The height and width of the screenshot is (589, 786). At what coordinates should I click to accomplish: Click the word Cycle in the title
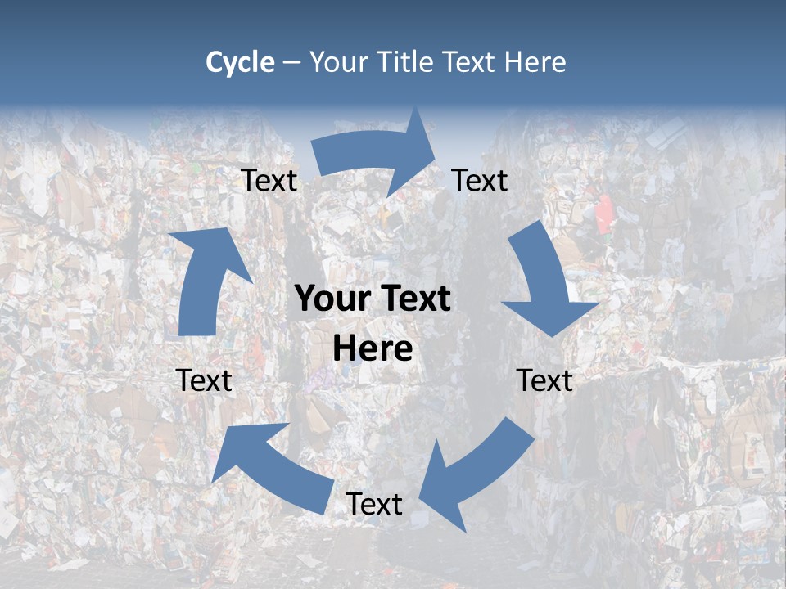coord(240,62)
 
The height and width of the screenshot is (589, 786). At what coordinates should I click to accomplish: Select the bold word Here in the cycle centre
coord(373,349)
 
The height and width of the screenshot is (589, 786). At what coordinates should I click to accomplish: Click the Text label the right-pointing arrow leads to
coord(480,181)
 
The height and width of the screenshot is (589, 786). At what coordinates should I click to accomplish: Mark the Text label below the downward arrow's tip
coord(544,380)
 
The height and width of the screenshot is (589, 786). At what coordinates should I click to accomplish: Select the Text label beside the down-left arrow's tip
coord(374,504)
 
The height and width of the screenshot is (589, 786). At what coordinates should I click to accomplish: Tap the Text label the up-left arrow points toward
coord(205,380)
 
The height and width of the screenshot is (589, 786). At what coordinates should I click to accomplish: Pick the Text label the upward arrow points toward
coord(269,181)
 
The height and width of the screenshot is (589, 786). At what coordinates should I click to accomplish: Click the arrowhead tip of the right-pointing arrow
coord(436,147)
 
